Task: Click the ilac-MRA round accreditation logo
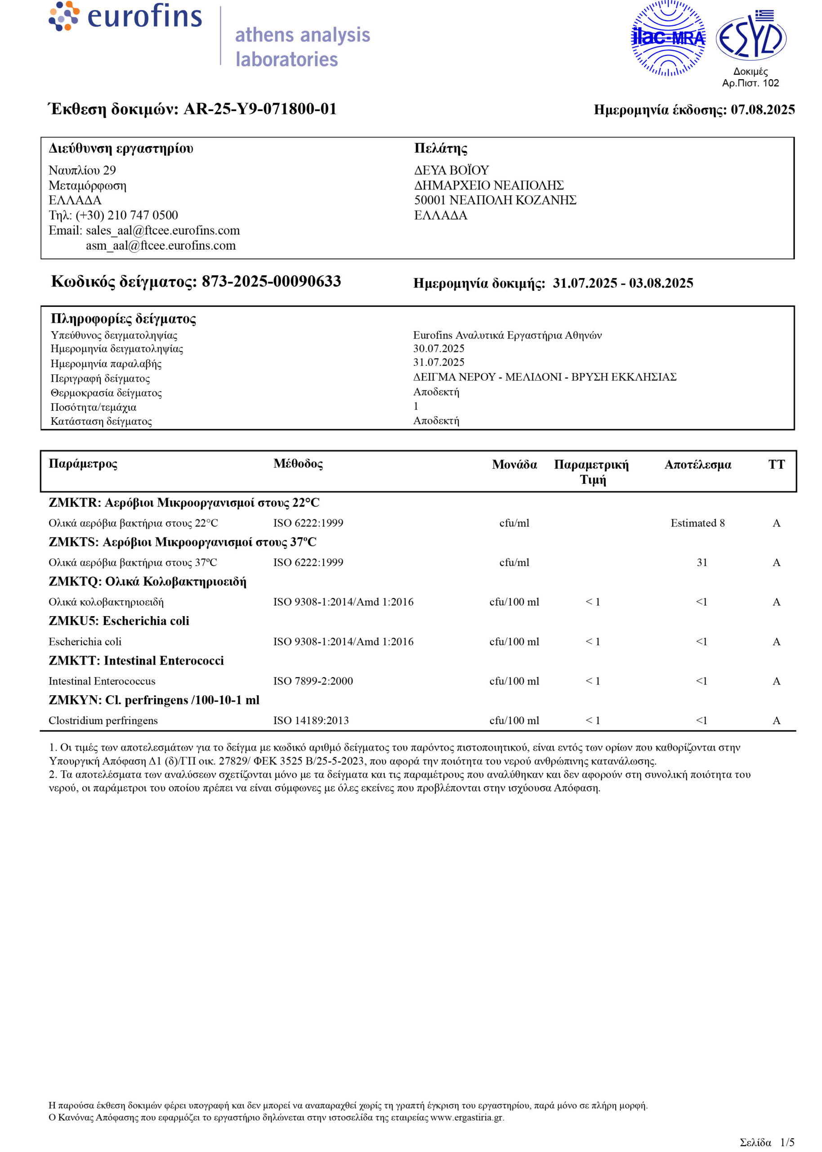(x=668, y=38)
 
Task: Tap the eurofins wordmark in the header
(x=144, y=17)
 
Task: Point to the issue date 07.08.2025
(x=762, y=110)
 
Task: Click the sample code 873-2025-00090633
(x=271, y=281)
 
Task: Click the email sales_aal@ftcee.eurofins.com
(x=162, y=230)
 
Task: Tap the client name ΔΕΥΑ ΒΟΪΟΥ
(x=451, y=170)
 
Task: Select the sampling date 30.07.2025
(x=438, y=348)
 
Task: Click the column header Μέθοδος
(x=298, y=463)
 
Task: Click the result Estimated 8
(x=697, y=523)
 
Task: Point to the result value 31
(x=701, y=562)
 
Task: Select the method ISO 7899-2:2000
(x=313, y=681)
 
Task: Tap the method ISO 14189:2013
(x=311, y=720)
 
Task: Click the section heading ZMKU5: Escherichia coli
(x=119, y=621)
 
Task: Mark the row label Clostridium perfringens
(x=103, y=720)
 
